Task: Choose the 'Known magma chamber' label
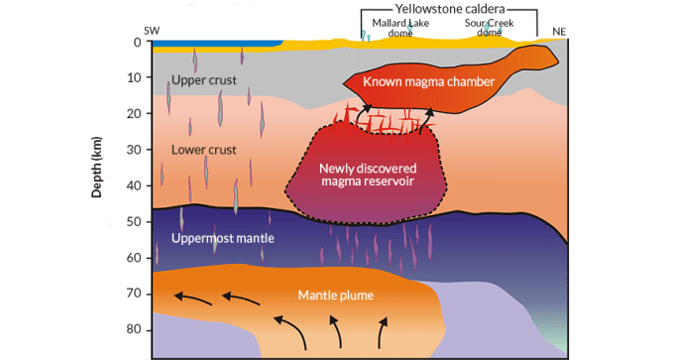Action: tap(427, 81)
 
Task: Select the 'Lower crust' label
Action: tap(203, 150)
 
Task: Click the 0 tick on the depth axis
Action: tap(138, 43)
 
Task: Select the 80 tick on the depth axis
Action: tap(135, 329)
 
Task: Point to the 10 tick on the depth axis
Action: tap(135, 78)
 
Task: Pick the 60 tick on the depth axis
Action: tap(135, 258)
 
